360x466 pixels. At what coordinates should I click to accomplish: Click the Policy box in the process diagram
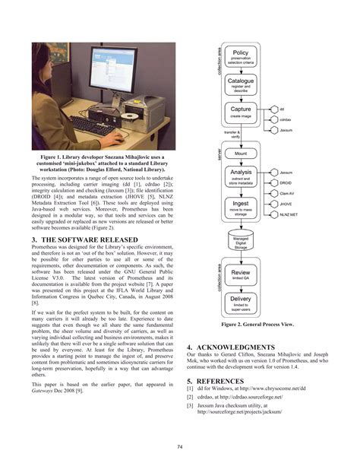click(241, 56)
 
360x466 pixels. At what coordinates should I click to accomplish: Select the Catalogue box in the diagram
click(241, 83)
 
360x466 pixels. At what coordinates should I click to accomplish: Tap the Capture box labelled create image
click(241, 112)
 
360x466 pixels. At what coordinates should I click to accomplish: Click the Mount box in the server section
click(241, 154)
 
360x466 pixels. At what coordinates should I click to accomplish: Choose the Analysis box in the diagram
click(241, 177)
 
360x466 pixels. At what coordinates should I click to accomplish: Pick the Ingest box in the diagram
click(241, 207)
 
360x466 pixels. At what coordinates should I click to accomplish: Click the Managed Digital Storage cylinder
click(241, 242)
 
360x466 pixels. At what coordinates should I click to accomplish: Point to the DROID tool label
click(286, 183)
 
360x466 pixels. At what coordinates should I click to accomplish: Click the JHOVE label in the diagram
click(286, 204)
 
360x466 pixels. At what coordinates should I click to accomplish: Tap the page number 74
click(180, 445)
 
